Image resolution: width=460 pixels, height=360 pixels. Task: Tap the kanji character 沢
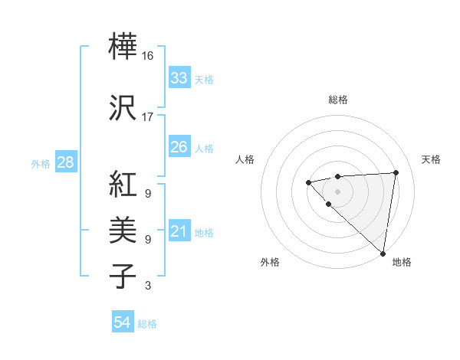[x=124, y=107]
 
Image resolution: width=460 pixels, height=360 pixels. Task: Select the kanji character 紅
[x=124, y=185]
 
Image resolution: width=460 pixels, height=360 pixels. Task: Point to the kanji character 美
[x=124, y=230]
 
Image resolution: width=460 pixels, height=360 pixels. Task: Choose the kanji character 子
[x=124, y=275]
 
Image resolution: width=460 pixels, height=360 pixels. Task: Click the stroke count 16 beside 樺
[x=148, y=56]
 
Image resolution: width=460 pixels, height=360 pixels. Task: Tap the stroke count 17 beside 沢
[x=148, y=117]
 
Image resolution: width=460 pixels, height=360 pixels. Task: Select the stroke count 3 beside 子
[x=148, y=286]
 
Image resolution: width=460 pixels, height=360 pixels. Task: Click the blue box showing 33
[x=179, y=78]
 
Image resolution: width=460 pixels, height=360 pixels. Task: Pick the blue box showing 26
[x=179, y=147]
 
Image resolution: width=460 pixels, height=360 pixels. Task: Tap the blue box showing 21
[x=179, y=231]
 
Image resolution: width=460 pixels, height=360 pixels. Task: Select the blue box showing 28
[x=65, y=162]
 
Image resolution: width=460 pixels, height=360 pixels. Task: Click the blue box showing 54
[x=123, y=322]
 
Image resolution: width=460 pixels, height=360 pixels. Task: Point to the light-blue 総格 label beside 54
[x=147, y=324]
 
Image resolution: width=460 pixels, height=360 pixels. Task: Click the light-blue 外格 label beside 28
[x=41, y=164]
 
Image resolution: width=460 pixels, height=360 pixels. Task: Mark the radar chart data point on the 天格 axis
[x=396, y=172]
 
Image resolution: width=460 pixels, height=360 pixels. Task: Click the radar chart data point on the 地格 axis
[x=383, y=254]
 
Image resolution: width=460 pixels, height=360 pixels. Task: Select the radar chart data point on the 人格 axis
[x=308, y=182]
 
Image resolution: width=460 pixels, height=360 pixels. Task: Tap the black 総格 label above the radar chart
[x=338, y=100]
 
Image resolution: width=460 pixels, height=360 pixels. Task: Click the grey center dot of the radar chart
[x=337, y=191]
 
